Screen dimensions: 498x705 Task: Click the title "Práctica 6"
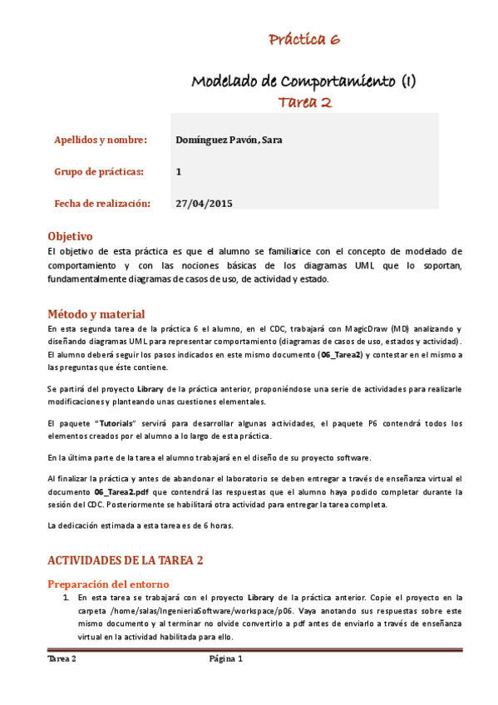pos(303,39)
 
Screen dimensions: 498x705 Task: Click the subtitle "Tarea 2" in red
pos(304,101)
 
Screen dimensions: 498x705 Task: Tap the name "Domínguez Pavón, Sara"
pos(229,140)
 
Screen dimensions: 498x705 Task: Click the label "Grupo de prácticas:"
pos(99,171)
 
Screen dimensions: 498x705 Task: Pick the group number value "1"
pos(180,171)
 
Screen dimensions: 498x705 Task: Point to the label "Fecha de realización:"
pos(102,203)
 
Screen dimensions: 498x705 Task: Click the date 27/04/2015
pos(205,203)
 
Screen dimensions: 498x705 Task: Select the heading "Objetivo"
pos(70,236)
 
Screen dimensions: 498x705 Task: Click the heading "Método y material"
pos(96,314)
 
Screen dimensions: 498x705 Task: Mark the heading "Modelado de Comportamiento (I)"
pos(304,81)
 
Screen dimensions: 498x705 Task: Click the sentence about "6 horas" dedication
pos(141,525)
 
